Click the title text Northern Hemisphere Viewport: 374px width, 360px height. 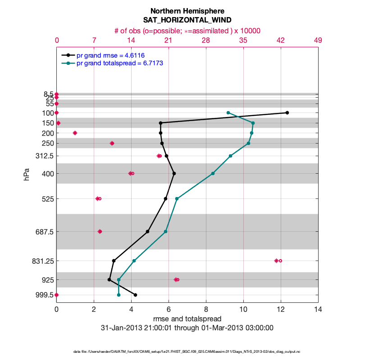click(x=187, y=11)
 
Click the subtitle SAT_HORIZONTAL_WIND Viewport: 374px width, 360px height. click(x=187, y=20)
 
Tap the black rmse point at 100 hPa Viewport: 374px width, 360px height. click(x=287, y=112)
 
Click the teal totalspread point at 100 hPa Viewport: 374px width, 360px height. click(x=228, y=112)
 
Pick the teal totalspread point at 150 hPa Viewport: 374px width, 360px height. click(x=253, y=123)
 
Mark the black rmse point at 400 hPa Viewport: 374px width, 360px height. click(x=174, y=173)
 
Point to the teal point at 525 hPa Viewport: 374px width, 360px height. click(x=177, y=198)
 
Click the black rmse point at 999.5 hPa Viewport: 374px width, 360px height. click(x=135, y=295)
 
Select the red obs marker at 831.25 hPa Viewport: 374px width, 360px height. click(x=278, y=261)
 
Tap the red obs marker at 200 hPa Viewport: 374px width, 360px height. click(x=75, y=133)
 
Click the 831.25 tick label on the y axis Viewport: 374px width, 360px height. click(x=39, y=261)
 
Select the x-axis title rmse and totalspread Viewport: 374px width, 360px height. click(x=187, y=319)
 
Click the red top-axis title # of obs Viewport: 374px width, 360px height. click(x=187, y=31)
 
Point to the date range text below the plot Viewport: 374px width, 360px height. click(x=187, y=328)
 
